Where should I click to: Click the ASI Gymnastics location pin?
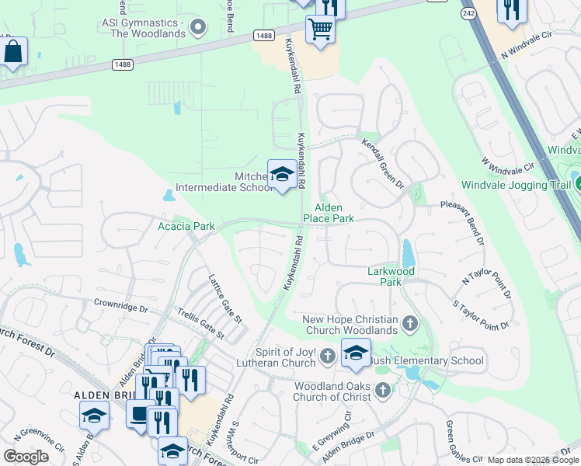(x=198, y=28)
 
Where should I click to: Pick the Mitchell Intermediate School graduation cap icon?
(x=282, y=175)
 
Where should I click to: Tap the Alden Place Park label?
(x=333, y=213)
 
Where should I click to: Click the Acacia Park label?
(x=186, y=225)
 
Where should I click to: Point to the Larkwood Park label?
(x=391, y=276)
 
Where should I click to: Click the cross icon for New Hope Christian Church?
(x=410, y=322)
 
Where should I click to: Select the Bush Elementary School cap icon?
(x=356, y=353)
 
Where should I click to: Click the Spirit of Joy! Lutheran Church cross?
(x=328, y=357)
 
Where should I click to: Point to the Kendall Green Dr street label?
(x=383, y=164)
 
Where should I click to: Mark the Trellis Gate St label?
(x=198, y=324)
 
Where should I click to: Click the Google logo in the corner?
(x=26, y=457)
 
